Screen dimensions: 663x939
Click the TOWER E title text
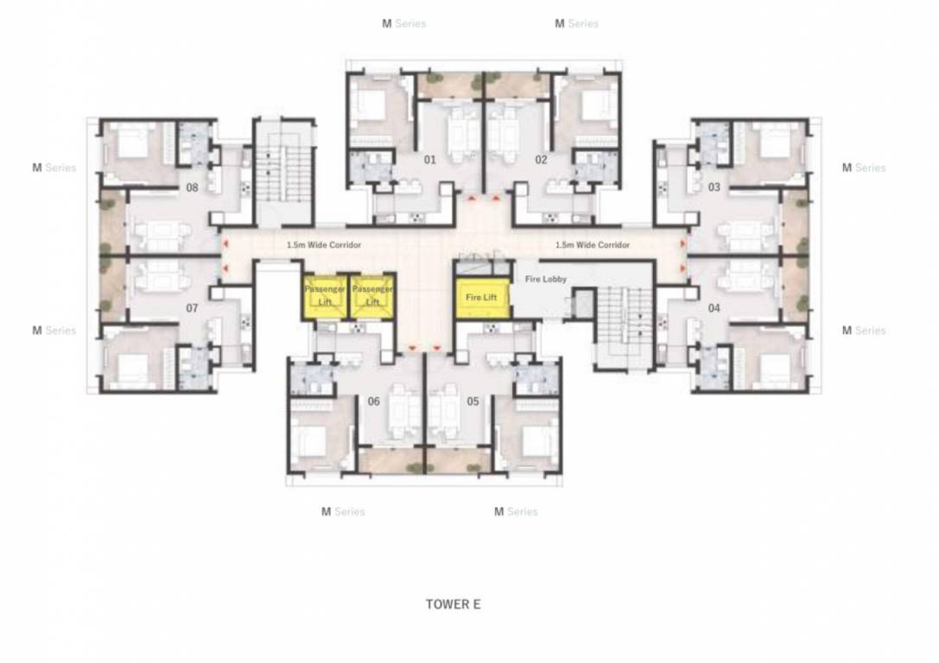click(x=453, y=604)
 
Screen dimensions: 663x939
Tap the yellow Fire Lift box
click(x=482, y=298)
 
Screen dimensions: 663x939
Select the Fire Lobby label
click(x=546, y=280)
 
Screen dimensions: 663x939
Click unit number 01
click(x=429, y=160)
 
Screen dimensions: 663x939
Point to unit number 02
click(x=541, y=160)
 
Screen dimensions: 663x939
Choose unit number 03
click(x=714, y=186)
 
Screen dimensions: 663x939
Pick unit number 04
click(x=714, y=307)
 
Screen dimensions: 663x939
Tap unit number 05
click(x=473, y=401)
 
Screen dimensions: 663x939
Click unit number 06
click(x=374, y=401)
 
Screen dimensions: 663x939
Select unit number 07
click(x=193, y=307)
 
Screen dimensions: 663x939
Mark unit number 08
click(x=193, y=186)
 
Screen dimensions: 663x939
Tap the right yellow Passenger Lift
click(x=372, y=296)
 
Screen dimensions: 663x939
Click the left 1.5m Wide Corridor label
click(x=323, y=245)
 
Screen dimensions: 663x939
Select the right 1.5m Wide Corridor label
click(x=592, y=245)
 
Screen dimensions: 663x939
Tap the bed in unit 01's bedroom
click(x=371, y=105)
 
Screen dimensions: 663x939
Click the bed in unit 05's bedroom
click(x=536, y=440)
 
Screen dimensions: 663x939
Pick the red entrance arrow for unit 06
click(x=413, y=348)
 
